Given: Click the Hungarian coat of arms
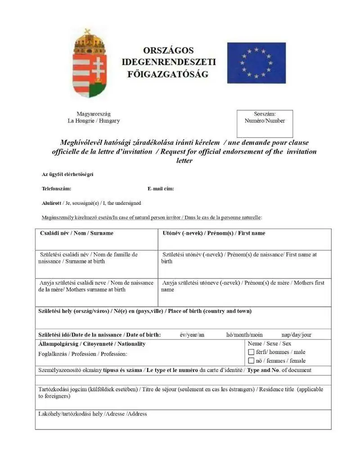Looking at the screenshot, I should (x=89, y=64).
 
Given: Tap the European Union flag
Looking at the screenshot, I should (x=256, y=63).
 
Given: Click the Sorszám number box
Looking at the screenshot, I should (x=265, y=124).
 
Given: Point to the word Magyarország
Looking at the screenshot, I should (x=94, y=114).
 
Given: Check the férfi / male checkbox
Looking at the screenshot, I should (x=251, y=352).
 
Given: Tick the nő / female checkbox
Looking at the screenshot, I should (x=251, y=361).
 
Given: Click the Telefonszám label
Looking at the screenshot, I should (x=56, y=189).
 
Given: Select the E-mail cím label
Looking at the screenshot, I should (x=161, y=189).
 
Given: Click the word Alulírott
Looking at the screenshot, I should (x=51, y=203).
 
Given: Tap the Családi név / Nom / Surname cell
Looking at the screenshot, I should (x=96, y=239).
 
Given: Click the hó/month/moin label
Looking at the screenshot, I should (x=244, y=335).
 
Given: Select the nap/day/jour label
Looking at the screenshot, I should (x=296, y=335).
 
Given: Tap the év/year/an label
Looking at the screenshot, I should (x=192, y=335).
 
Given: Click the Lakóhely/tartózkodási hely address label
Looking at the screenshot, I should (x=92, y=414).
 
